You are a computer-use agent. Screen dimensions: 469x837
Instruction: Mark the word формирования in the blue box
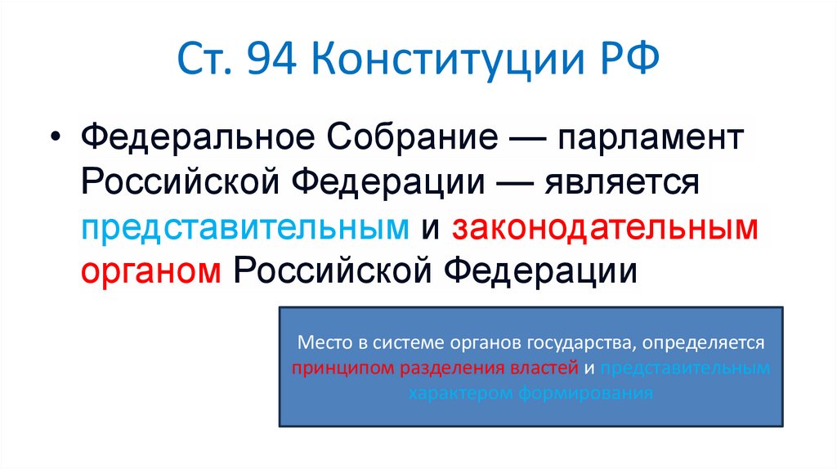(x=584, y=393)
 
